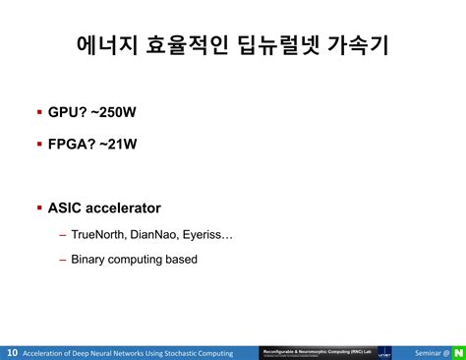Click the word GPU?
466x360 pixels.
tap(69, 113)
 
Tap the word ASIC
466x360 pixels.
tap(66, 209)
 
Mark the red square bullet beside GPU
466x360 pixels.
tap(39, 113)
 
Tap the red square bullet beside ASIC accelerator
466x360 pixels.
tap(39, 209)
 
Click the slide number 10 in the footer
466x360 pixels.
tap(12, 352)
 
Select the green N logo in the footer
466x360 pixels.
tap(457, 352)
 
